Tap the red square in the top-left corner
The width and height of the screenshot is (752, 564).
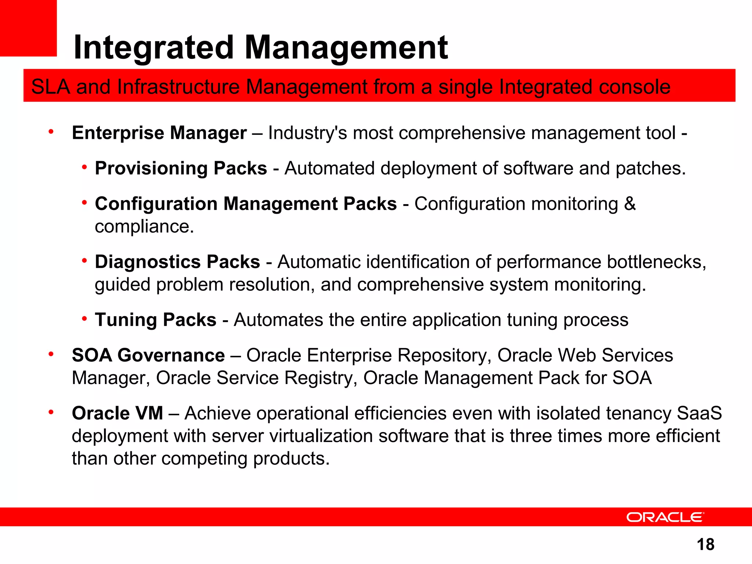(x=28, y=28)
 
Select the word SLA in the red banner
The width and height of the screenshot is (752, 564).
(x=50, y=87)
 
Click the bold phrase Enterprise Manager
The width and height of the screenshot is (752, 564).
(x=159, y=133)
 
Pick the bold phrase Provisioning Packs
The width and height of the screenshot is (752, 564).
(x=181, y=169)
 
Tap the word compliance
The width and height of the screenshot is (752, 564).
(x=144, y=227)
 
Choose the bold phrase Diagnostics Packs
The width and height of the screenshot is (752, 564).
(x=177, y=262)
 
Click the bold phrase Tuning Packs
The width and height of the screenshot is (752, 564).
(x=156, y=320)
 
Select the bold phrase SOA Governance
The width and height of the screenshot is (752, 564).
(x=148, y=355)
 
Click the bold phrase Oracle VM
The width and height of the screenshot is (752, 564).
(x=117, y=413)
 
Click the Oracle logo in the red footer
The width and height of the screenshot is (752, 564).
(x=665, y=517)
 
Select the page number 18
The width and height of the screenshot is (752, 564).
(x=705, y=545)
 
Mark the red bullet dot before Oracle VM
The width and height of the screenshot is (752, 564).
(x=51, y=412)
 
